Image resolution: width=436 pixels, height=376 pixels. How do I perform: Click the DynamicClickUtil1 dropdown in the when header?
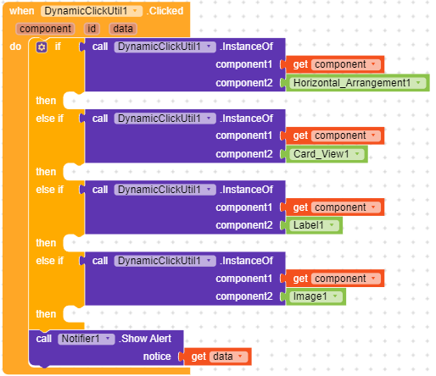(x=92, y=11)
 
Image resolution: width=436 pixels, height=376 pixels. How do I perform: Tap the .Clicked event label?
(x=165, y=11)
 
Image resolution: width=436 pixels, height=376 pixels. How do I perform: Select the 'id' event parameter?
(x=92, y=29)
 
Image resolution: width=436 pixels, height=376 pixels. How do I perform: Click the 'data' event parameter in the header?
(x=123, y=29)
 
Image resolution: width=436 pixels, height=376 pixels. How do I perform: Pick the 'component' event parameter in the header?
(x=45, y=29)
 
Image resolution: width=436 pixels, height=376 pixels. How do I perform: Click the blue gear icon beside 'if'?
(x=42, y=47)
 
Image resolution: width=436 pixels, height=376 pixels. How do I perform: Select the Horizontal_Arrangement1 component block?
(x=358, y=83)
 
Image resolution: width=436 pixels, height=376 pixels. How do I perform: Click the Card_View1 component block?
(x=327, y=154)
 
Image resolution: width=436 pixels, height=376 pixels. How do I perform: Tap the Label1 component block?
(x=314, y=225)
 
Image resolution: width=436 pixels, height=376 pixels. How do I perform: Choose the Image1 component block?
(x=316, y=296)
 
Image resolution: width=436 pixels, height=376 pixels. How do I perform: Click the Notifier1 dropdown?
(x=87, y=339)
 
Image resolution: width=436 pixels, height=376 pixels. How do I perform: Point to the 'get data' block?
(x=217, y=357)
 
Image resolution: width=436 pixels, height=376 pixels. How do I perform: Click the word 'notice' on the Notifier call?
(x=157, y=357)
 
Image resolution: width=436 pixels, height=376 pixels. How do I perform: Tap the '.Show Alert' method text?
(x=145, y=339)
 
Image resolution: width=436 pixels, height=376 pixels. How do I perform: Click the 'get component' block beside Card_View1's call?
(x=335, y=135)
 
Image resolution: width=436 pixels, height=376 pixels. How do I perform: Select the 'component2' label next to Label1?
(x=244, y=225)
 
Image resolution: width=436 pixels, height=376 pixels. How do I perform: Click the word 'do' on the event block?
(x=15, y=47)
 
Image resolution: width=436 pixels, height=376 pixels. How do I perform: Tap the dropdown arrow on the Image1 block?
(x=335, y=296)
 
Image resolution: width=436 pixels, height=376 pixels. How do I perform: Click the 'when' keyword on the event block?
(x=22, y=11)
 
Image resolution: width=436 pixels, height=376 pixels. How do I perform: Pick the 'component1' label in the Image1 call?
(x=244, y=279)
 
